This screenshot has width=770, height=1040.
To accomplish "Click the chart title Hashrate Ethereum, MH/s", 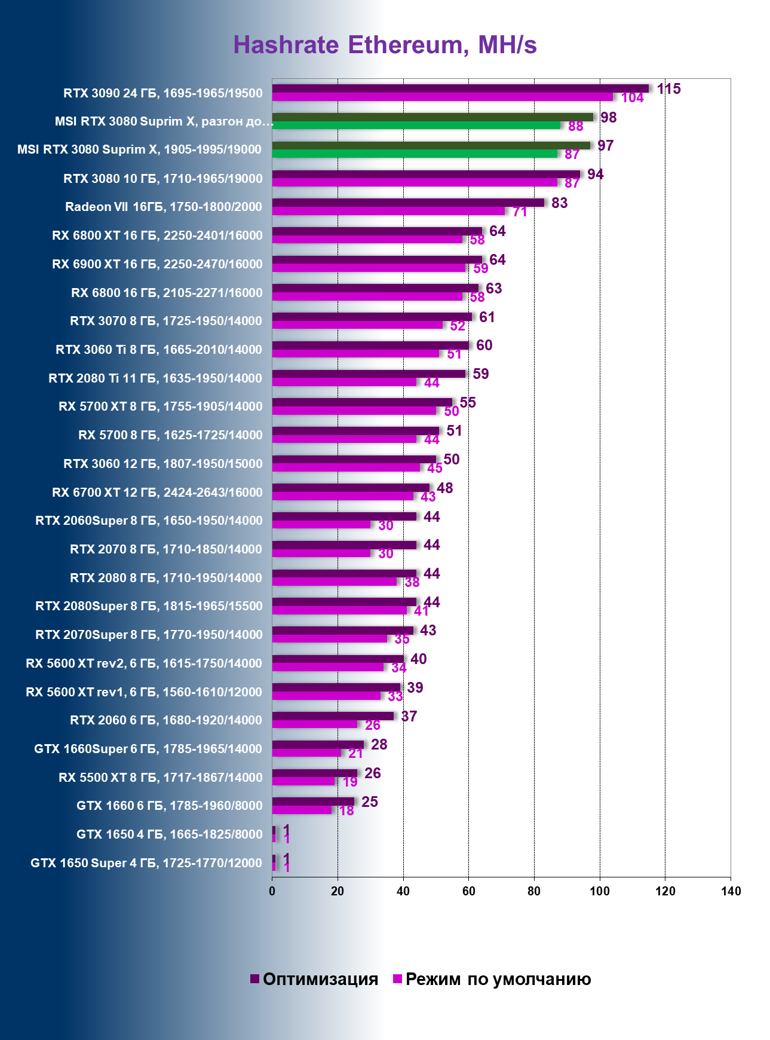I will pos(385,45).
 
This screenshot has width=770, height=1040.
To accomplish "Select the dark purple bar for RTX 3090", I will pos(460,88).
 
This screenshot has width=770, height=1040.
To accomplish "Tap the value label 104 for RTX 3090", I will pos(632,98).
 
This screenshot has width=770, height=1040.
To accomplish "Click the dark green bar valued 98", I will pos(432,117).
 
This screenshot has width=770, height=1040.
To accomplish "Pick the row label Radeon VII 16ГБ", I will pos(163,207).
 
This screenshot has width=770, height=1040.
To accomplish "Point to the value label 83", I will pos(559,203).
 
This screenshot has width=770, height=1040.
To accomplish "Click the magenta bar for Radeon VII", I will pos(388,211).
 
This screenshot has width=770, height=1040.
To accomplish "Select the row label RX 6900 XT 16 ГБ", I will pos(157,264).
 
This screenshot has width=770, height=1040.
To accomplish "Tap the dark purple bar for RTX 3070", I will pos(372,317).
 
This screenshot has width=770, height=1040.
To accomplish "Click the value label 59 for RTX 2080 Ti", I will pos(480,374).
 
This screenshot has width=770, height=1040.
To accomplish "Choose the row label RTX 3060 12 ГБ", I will pos(162,464).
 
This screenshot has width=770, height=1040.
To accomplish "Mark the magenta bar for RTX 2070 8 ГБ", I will pos(321,553).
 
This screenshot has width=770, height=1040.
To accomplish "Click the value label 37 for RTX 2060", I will pos(409,716).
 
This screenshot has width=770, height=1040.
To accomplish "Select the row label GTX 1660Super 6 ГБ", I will pos(148,749).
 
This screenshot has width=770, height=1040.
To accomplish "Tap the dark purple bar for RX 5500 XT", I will pos(314,773).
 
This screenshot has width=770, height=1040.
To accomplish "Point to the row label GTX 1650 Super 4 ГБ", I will pos(146,863).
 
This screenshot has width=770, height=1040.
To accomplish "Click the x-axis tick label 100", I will pos(599,891).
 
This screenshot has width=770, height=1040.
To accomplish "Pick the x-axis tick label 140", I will pos(730,891).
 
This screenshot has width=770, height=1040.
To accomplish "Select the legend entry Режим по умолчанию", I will pos(492,979).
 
